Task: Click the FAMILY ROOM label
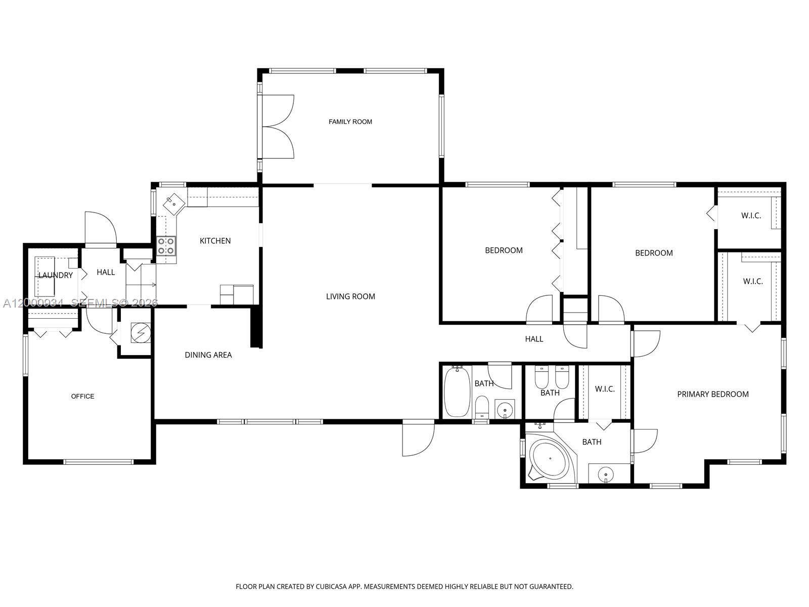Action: (350, 122)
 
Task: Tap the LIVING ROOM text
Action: (350, 296)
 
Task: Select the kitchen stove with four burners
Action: (166, 246)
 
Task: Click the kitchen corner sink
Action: (172, 204)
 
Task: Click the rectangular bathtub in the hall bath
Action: (457, 392)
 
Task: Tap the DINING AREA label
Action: (208, 355)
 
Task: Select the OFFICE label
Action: (82, 397)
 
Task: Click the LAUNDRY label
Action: (56, 276)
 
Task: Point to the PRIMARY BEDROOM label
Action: (712, 395)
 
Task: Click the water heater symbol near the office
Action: (141, 333)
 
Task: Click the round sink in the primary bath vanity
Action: (605, 474)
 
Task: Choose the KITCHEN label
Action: (215, 241)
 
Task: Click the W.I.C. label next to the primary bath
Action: (605, 389)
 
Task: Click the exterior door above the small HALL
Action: (101, 229)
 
